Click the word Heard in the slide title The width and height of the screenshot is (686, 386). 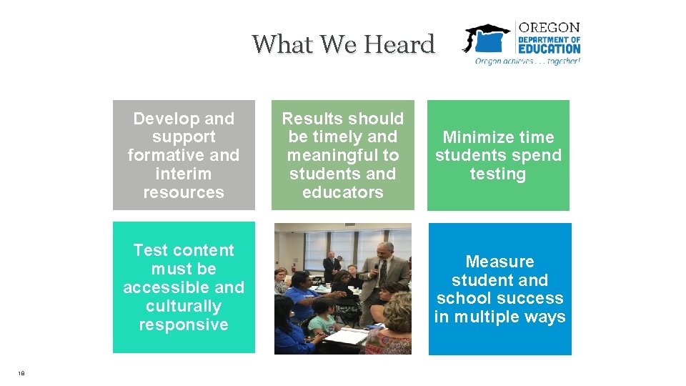coord(399,44)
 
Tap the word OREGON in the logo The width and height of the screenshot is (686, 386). coord(549,28)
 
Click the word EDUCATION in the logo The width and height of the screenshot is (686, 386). coord(549,49)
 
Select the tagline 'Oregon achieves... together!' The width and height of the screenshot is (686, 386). coord(528,61)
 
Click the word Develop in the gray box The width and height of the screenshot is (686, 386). coord(160,119)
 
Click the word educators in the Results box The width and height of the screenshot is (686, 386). coord(343,192)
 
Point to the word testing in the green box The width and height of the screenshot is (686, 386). coord(498,174)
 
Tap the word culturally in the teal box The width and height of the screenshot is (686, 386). coord(184,306)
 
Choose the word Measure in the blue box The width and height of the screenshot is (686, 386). coord(499,262)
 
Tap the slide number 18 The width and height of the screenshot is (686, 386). coord(22,372)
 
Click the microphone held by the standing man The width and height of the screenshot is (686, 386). coord(376,269)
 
